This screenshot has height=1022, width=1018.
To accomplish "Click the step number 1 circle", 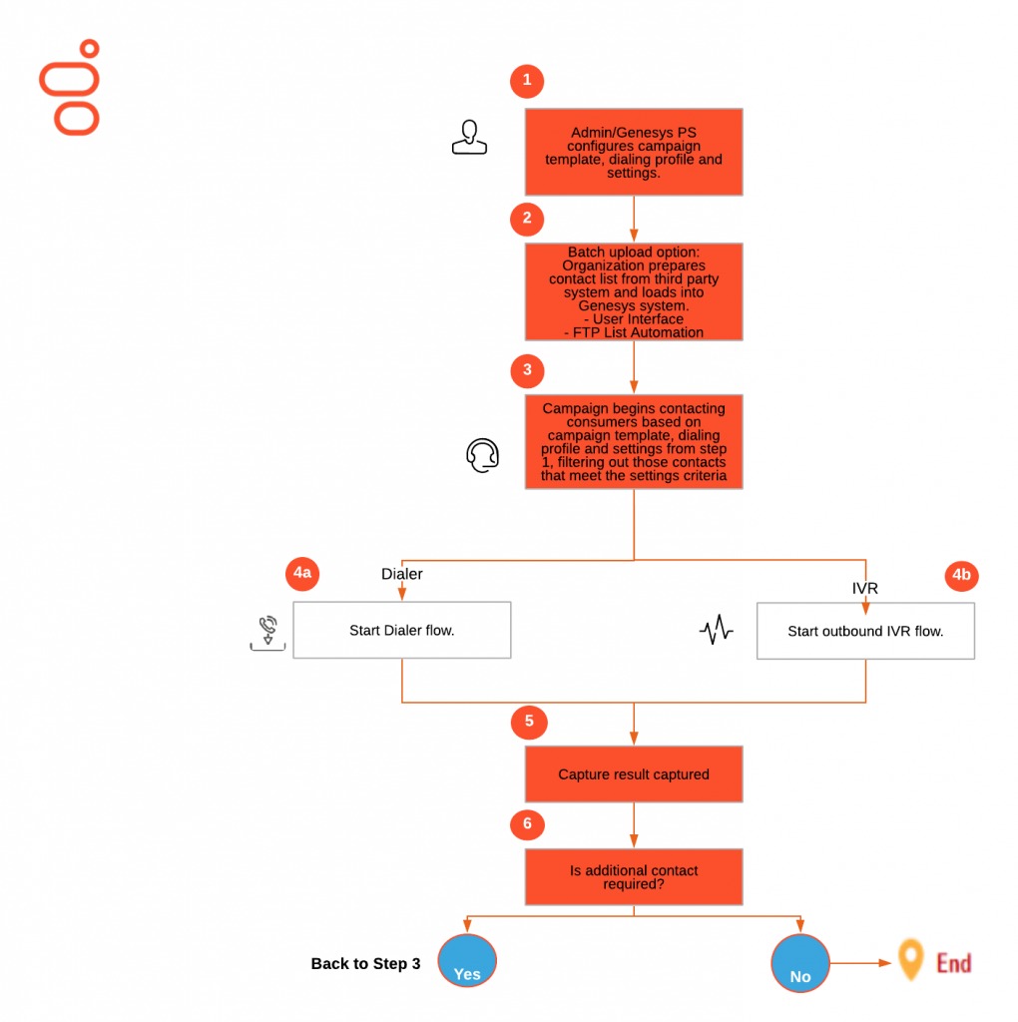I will [x=527, y=82].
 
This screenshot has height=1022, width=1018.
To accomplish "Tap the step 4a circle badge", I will [x=301, y=573].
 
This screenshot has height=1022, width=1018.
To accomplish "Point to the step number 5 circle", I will [x=528, y=721].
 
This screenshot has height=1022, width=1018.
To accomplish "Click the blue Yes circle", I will [x=467, y=960].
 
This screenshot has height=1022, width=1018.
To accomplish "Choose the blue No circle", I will [x=800, y=963].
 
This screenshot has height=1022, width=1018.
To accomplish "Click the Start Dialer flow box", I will [x=401, y=630].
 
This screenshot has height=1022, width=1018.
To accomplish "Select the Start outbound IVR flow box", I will [x=865, y=631].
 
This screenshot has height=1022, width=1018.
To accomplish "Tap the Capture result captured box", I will [x=634, y=773].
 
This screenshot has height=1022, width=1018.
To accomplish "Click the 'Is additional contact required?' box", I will [x=634, y=876].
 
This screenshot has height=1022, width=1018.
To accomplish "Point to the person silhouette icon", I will [x=469, y=138].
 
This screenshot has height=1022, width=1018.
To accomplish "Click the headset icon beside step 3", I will [x=482, y=455].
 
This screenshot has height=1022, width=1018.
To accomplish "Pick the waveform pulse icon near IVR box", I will [x=717, y=631].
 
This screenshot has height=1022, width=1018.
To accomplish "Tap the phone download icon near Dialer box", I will [x=267, y=634].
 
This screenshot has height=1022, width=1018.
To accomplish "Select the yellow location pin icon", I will [x=909, y=959].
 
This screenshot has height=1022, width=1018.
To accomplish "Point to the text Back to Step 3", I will [x=365, y=964].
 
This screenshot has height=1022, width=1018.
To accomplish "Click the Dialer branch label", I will [x=402, y=574].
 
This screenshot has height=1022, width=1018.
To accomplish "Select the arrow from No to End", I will [x=859, y=963].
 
